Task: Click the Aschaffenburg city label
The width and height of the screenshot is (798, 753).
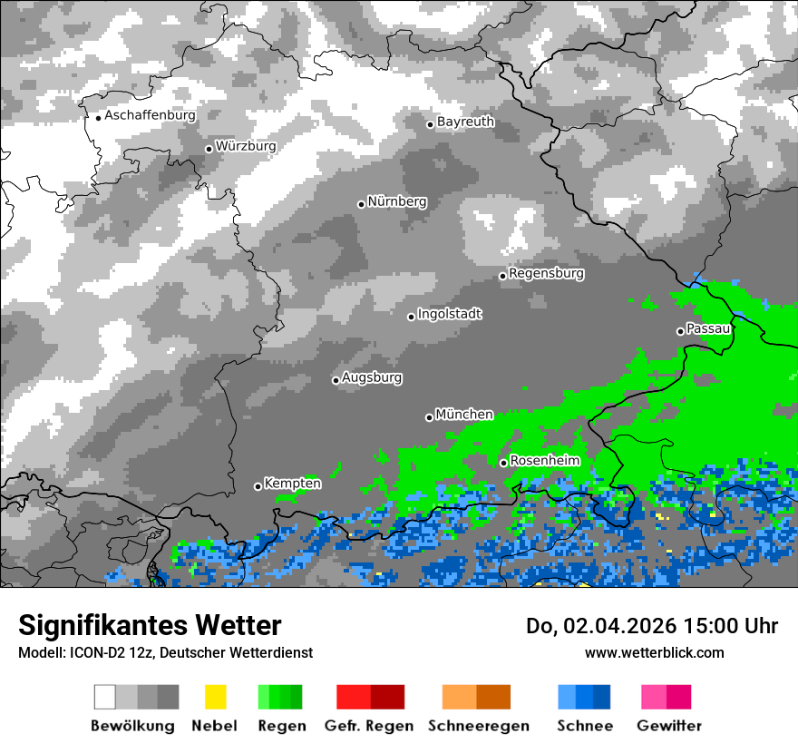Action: [x=150, y=115]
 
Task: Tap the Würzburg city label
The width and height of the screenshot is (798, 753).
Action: [x=246, y=146]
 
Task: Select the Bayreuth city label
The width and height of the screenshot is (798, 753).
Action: [x=465, y=122]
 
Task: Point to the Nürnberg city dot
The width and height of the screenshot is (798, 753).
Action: [x=361, y=204]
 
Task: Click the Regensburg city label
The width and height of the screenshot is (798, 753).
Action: [x=546, y=273]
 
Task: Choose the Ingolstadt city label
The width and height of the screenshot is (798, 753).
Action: [x=449, y=314]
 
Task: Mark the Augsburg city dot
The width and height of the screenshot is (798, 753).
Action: [x=336, y=380]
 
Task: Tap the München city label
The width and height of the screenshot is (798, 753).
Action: [x=464, y=415]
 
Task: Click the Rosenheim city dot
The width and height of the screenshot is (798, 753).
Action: [x=503, y=463]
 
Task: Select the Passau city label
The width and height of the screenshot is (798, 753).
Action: [x=708, y=328]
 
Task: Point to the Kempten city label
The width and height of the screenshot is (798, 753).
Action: [x=292, y=484]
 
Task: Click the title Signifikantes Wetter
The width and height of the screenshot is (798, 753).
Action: [x=150, y=625]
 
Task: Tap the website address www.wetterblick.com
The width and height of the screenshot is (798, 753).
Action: [x=654, y=652]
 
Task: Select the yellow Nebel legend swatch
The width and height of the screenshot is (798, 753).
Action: [x=215, y=697]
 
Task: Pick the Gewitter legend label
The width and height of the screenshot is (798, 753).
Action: [x=668, y=726]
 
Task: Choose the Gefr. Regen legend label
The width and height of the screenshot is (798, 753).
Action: [x=369, y=726]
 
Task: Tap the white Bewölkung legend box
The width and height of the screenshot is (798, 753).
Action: [x=105, y=697]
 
